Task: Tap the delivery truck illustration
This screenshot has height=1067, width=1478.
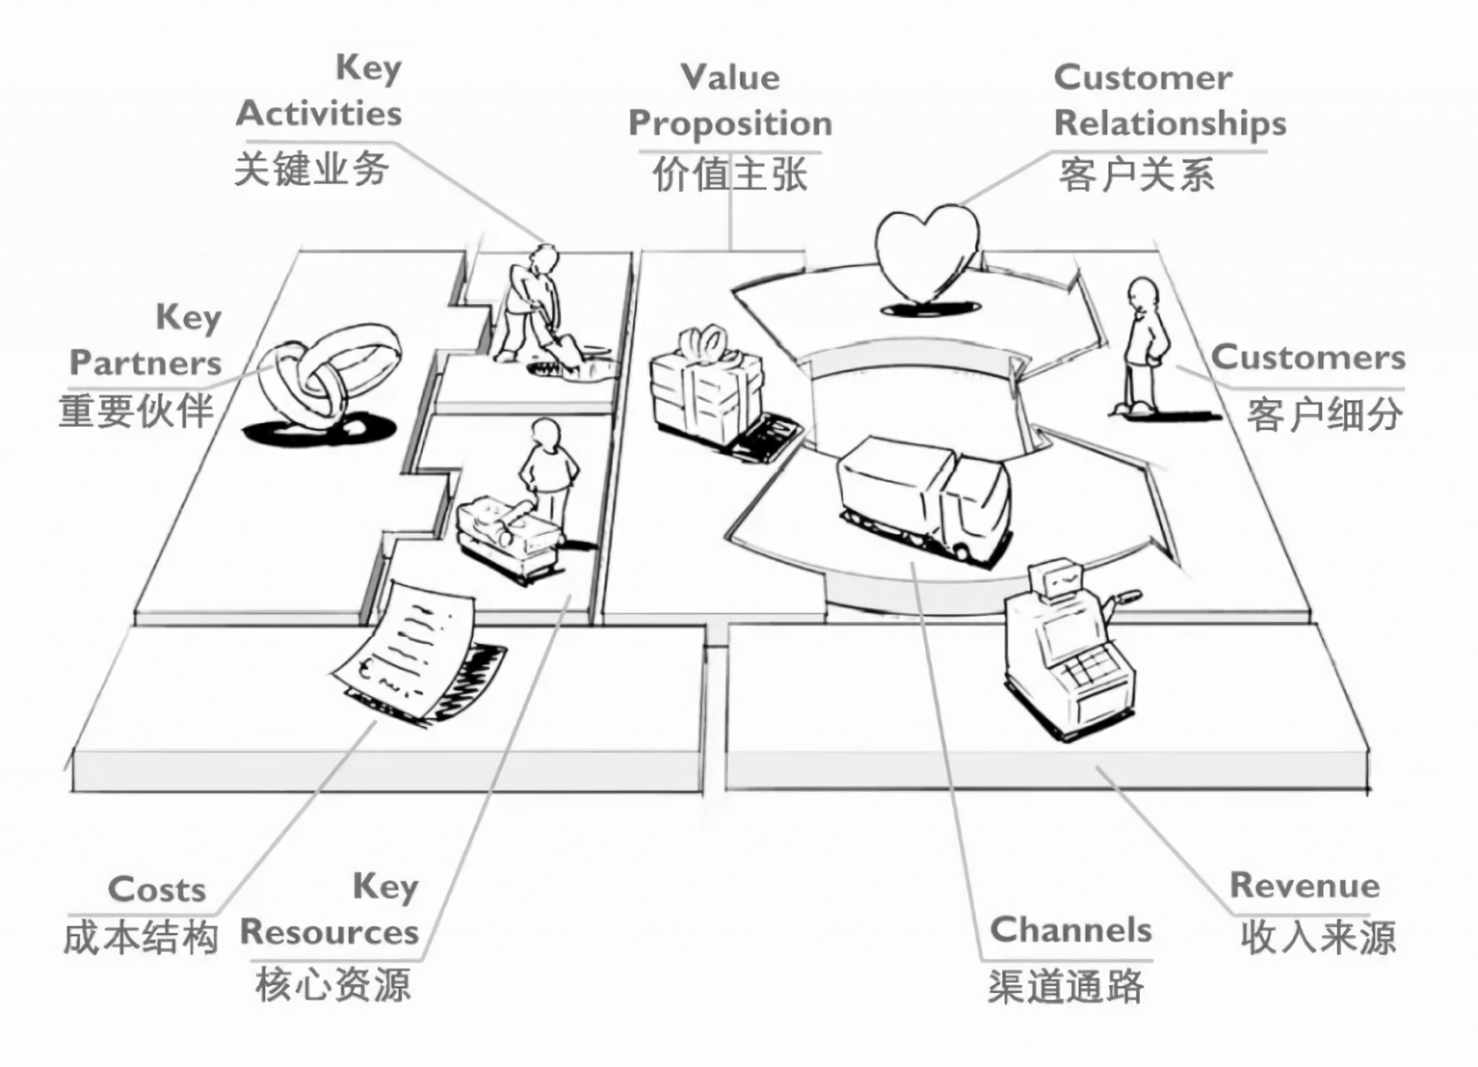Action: coord(925,496)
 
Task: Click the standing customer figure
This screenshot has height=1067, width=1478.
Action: coord(1144,347)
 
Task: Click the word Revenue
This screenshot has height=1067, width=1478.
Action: coord(1304,886)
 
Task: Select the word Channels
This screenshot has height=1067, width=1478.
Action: coord(1070,930)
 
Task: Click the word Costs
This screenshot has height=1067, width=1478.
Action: coord(157,890)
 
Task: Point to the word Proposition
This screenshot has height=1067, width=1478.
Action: coord(730,124)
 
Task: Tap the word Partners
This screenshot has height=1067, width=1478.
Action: coord(145,363)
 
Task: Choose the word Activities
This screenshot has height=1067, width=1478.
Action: coord(318,114)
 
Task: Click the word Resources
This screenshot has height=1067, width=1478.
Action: coord(329,932)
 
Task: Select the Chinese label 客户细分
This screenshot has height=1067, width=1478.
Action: coord(1324,414)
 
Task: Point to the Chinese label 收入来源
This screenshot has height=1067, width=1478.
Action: coord(1317,938)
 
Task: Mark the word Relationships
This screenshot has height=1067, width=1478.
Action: coord(1170,124)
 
